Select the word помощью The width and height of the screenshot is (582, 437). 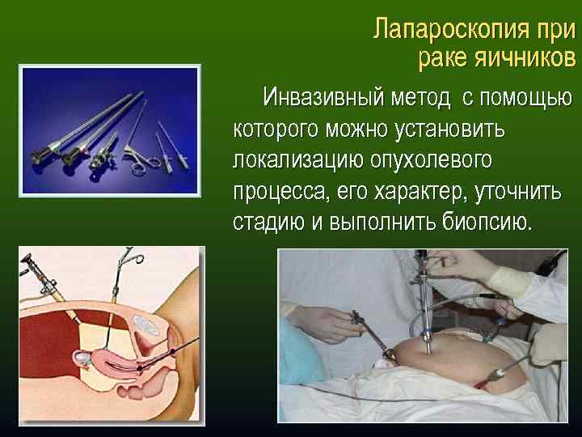pyautogui.click(x=526, y=99)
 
